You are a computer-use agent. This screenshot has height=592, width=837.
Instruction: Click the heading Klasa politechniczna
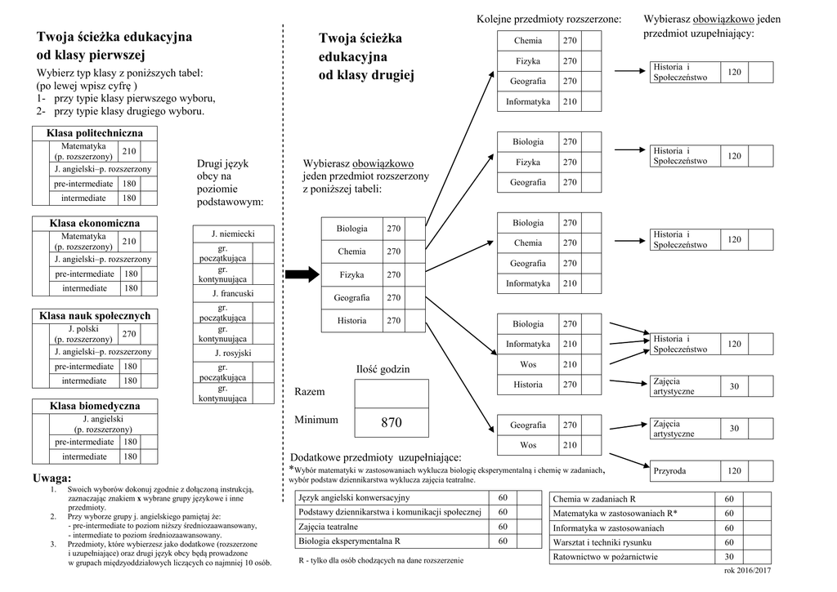point(95,133)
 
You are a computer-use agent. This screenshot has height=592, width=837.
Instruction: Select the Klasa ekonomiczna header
point(95,223)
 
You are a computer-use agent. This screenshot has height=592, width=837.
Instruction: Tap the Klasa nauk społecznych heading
point(95,316)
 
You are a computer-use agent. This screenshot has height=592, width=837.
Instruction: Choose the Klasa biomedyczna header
point(95,406)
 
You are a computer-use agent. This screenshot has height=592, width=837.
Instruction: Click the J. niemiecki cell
point(233,234)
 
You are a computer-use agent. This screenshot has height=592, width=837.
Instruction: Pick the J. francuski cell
point(233,293)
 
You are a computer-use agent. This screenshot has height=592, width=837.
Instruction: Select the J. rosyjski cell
point(233,354)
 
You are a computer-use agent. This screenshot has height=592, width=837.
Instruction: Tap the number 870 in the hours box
point(392,422)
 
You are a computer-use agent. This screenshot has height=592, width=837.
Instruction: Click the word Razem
point(310,392)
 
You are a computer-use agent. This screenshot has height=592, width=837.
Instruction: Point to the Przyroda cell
point(669,471)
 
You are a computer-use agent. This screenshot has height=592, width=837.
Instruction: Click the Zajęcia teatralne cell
point(329,527)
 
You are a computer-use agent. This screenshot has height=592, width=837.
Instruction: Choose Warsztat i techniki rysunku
point(602,542)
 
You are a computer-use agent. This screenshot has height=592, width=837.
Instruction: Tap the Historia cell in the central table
point(351,321)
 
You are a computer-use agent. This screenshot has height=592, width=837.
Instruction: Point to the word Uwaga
point(52,478)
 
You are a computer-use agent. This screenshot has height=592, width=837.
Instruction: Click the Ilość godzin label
point(383,370)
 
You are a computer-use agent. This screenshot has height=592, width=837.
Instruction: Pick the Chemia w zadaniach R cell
point(594,499)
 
